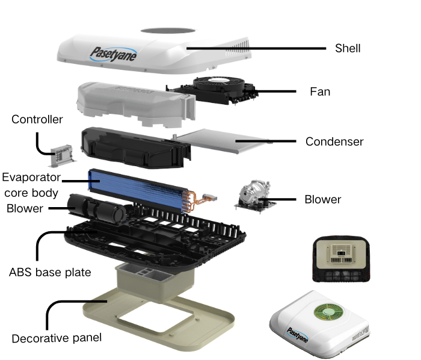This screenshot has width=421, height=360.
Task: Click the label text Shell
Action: [x=348, y=48]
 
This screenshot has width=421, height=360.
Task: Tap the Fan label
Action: [x=320, y=92]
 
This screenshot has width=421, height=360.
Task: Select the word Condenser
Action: [x=334, y=141]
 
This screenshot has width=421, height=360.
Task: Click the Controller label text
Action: [x=37, y=120]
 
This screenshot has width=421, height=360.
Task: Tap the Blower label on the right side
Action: [x=323, y=199]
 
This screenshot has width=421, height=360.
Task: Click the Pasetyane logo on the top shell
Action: [x=114, y=54]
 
